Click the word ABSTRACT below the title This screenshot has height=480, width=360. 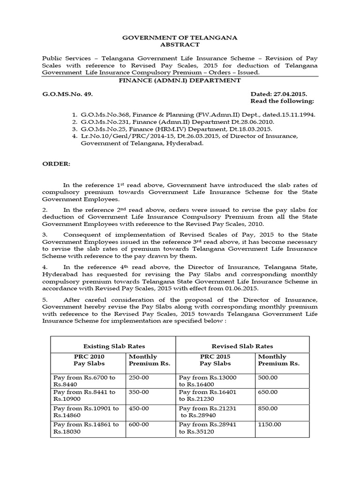(180, 45)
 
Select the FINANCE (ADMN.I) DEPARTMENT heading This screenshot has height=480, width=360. (180, 81)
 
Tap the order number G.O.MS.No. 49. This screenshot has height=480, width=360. (67, 94)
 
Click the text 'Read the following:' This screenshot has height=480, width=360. (282, 101)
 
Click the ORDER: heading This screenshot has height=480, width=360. (56, 164)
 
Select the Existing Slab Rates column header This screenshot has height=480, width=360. (112, 346)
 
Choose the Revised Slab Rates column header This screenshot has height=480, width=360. (242, 346)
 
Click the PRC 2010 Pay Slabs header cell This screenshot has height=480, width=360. (89, 360)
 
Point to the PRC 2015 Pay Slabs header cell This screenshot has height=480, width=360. (216, 360)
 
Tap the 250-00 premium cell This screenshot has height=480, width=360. (139, 377)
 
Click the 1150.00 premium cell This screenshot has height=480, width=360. (270, 424)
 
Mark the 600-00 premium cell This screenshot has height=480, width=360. (139, 424)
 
